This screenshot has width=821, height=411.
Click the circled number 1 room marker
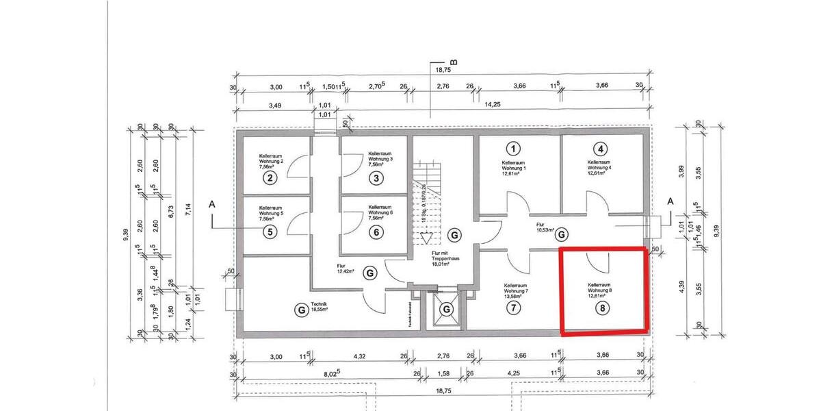512,148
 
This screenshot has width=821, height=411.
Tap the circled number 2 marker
271,179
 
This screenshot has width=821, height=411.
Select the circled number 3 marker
376,179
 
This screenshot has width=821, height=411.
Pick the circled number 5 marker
271,232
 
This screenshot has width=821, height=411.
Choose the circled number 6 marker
376,232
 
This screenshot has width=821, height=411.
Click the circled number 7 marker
512,308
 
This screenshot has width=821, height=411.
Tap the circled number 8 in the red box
602,308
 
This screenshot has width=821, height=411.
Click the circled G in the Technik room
300,310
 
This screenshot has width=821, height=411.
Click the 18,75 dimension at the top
443,70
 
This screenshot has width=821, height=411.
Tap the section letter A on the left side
211,204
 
